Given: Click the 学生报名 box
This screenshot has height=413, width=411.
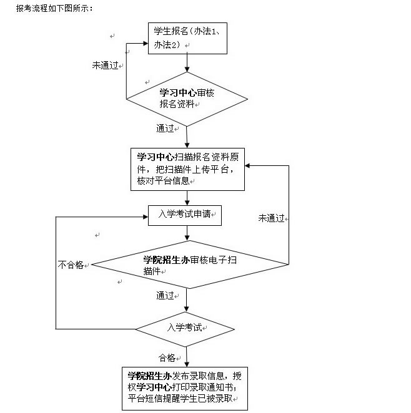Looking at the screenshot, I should [186, 37].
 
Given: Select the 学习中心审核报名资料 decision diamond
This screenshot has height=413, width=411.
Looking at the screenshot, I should [186, 99].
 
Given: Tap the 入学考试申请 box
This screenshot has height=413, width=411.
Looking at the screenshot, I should [186, 215].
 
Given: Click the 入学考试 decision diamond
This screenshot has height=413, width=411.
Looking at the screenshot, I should [185, 328].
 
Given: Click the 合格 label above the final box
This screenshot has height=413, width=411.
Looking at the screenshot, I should [168, 357].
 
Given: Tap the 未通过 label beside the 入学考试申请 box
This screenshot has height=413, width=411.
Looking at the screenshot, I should [272, 218].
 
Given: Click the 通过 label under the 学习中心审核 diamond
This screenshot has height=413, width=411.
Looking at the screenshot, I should [166, 129].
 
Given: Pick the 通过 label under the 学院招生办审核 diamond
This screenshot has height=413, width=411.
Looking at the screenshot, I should [166, 296].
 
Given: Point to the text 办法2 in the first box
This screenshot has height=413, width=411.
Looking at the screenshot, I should [166, 44].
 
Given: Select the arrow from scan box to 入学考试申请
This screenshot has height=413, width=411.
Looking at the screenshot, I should [186, 198].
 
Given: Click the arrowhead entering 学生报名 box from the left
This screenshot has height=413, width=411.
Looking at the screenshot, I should [144, 43].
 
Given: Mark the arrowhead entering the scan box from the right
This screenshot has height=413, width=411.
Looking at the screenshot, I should [249, 165].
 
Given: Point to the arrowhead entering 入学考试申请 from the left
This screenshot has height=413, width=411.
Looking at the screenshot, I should [144, 216].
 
